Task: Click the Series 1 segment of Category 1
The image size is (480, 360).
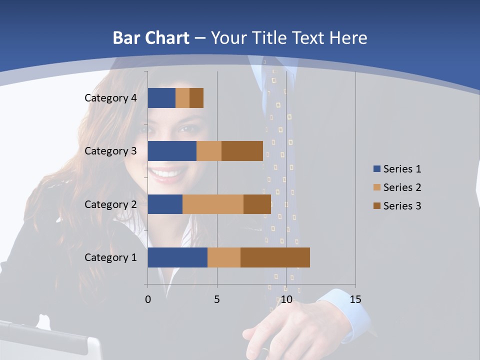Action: click(x=177, y=257)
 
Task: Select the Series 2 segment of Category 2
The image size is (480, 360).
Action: click(x=213, y=204)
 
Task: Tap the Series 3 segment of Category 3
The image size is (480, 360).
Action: click(x=242, y=151)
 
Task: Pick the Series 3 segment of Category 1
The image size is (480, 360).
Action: click(x=275, y=257)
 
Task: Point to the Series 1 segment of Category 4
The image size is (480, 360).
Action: click(x=161, y=98)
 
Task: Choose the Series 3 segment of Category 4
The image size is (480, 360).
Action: click(x=196, y=98)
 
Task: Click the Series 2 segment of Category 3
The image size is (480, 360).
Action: click(x=209, y=151)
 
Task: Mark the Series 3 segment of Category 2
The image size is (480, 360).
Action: click(x=257, y=204)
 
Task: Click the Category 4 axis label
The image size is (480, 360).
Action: click(x=110, y=98)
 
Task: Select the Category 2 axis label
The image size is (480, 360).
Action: click(x=110, y=204)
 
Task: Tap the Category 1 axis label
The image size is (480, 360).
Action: click(x=110, y=257)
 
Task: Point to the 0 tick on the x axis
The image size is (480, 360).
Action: click(x=148, y=299)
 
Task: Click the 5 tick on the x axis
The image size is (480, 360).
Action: click(x=217, y=299)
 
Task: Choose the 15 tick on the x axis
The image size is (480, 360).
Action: click(x=355, y=299)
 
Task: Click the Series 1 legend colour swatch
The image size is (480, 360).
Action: click(x=376, y=169)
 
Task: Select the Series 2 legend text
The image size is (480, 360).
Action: click(x=402, y=187)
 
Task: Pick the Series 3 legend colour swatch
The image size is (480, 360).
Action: click(x=376, y=206)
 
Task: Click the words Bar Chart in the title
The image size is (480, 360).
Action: click(x=151, y=38)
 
